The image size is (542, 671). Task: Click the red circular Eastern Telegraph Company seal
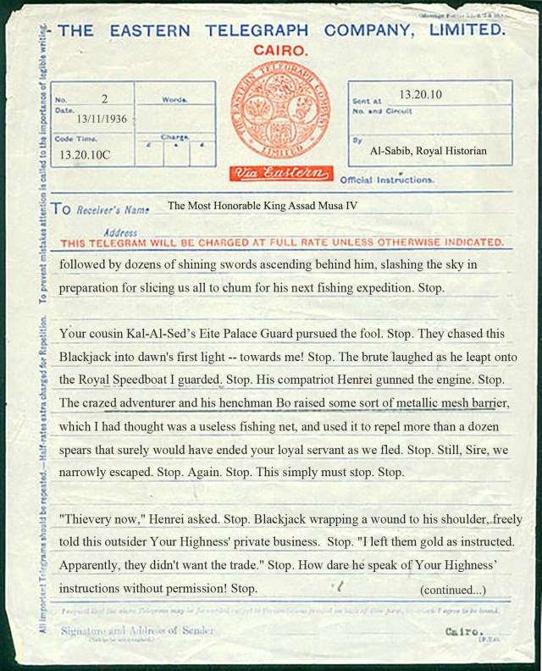279,110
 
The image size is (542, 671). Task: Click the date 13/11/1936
102,119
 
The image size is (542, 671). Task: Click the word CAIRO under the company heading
281,51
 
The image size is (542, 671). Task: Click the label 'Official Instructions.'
386,180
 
